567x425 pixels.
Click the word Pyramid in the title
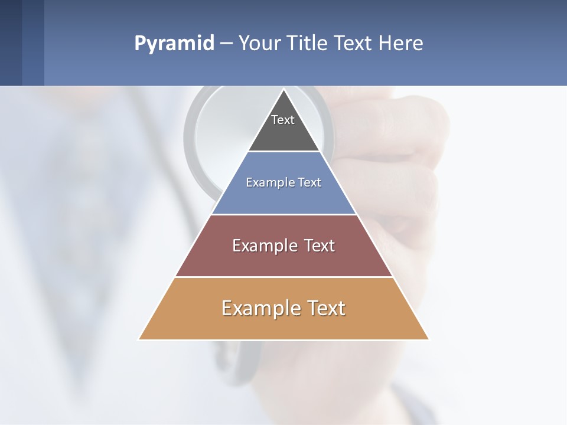click(x=174, y=44)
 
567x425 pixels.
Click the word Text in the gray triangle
click(x=283, y=120)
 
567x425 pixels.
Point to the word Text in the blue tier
click(x=309, y=182)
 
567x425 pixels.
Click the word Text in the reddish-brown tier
click(x=319, y=246)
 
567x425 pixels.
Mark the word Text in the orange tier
click(x=324, y=308)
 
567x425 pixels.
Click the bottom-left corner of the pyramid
click(x=139, y=339)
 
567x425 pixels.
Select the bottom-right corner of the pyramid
click(x=428, y=339)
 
